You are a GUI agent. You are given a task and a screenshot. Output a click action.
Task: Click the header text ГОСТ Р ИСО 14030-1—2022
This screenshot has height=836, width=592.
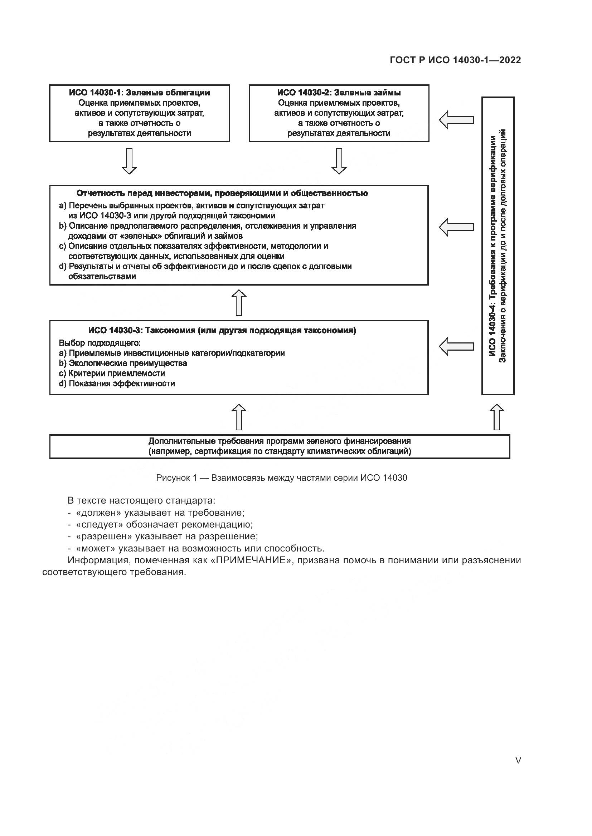[x=455, y=60]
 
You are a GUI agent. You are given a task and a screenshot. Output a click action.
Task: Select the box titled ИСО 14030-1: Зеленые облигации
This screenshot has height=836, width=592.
[x=139, y=113]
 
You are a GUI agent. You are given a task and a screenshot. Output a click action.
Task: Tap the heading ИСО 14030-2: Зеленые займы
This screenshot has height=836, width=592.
[x=339, y=93]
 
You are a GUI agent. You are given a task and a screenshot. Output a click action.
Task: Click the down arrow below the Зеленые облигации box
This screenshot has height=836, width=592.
[x=129, y=161]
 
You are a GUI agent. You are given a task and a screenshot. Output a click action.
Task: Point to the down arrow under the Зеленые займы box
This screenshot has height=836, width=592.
[x=339, y=161]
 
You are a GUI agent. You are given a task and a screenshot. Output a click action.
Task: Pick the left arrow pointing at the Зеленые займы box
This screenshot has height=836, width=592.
[x=456, y=120]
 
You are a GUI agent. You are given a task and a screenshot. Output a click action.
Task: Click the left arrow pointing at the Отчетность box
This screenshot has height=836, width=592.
[x=456, y=227]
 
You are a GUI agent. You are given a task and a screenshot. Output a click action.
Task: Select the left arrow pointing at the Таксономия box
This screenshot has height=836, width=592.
[x=456, y=346]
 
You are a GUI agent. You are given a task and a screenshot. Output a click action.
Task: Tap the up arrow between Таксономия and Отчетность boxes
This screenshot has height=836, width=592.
[x=239, y=303]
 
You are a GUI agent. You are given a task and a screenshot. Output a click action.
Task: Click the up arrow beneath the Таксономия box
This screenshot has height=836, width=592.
[x=239, y=417]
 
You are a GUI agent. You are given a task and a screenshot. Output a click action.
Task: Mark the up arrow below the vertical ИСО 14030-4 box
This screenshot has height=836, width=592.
[x=497, y=417]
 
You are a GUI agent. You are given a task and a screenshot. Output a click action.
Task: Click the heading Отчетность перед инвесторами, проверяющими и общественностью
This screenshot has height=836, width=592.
[x=222, y=193]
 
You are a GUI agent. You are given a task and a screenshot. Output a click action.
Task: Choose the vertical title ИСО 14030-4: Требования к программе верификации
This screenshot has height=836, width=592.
[x=493, y=246]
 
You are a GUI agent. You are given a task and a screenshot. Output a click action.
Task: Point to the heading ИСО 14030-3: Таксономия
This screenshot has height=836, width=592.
[x=222, y=331]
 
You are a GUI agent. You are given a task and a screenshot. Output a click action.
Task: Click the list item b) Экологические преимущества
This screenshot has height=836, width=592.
[x=123, y=363]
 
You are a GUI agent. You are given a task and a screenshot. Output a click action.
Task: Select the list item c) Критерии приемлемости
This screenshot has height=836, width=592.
[x=112, y=373]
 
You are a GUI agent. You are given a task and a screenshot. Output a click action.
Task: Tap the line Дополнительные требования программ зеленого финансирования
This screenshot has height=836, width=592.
[x=280, y=441]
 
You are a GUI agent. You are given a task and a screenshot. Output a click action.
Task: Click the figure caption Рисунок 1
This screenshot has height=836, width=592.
[x=281, y=478]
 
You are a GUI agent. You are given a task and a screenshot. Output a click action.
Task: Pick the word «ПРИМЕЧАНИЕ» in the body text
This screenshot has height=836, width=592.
[x=252, y=560]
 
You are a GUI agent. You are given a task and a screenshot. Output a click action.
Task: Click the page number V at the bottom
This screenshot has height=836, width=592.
[x=518, y=760]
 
